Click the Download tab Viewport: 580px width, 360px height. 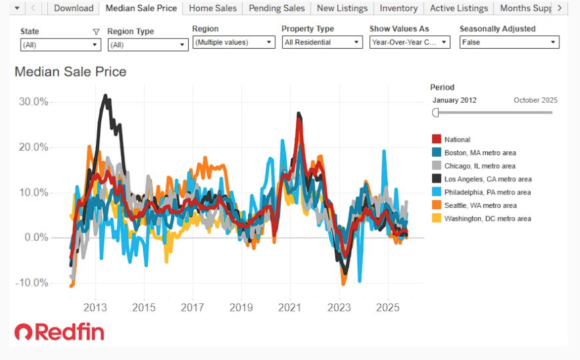73,8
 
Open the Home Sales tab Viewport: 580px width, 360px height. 213,8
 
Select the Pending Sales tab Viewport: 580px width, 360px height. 277,8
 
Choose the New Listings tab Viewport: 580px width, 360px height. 342,8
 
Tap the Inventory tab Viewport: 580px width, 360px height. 399,8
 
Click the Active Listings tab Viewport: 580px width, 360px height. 459,8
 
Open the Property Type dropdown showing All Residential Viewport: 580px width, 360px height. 322,42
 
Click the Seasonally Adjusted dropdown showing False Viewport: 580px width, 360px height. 509,42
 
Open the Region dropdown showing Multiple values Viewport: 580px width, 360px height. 234,42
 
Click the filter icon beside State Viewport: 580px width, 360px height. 96,32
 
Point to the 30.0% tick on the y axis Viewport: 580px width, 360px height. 33,102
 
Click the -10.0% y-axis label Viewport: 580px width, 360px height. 32,283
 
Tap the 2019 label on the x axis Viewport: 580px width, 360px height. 241,307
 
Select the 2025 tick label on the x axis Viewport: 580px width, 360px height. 387,307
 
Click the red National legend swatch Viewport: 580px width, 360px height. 437,139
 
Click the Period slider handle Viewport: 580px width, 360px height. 435,113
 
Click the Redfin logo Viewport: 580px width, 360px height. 59,331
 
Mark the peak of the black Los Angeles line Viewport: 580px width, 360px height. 105,96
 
